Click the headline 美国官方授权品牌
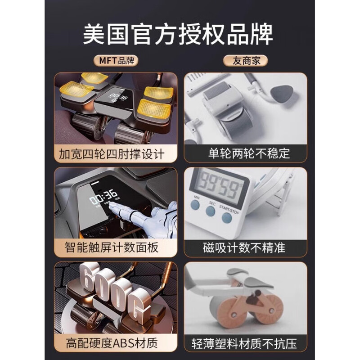point(178,35)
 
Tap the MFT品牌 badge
point(116,61)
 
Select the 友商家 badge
point(245,61)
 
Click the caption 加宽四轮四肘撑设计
point(112,154)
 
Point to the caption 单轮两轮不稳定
point(249,153)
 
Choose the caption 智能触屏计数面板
point(112,247)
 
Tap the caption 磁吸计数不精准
point(244,248)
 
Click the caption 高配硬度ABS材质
point(112,343)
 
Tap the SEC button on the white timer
point(210,211)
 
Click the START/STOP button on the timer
point(227,218)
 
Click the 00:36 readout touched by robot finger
point(103,197)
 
